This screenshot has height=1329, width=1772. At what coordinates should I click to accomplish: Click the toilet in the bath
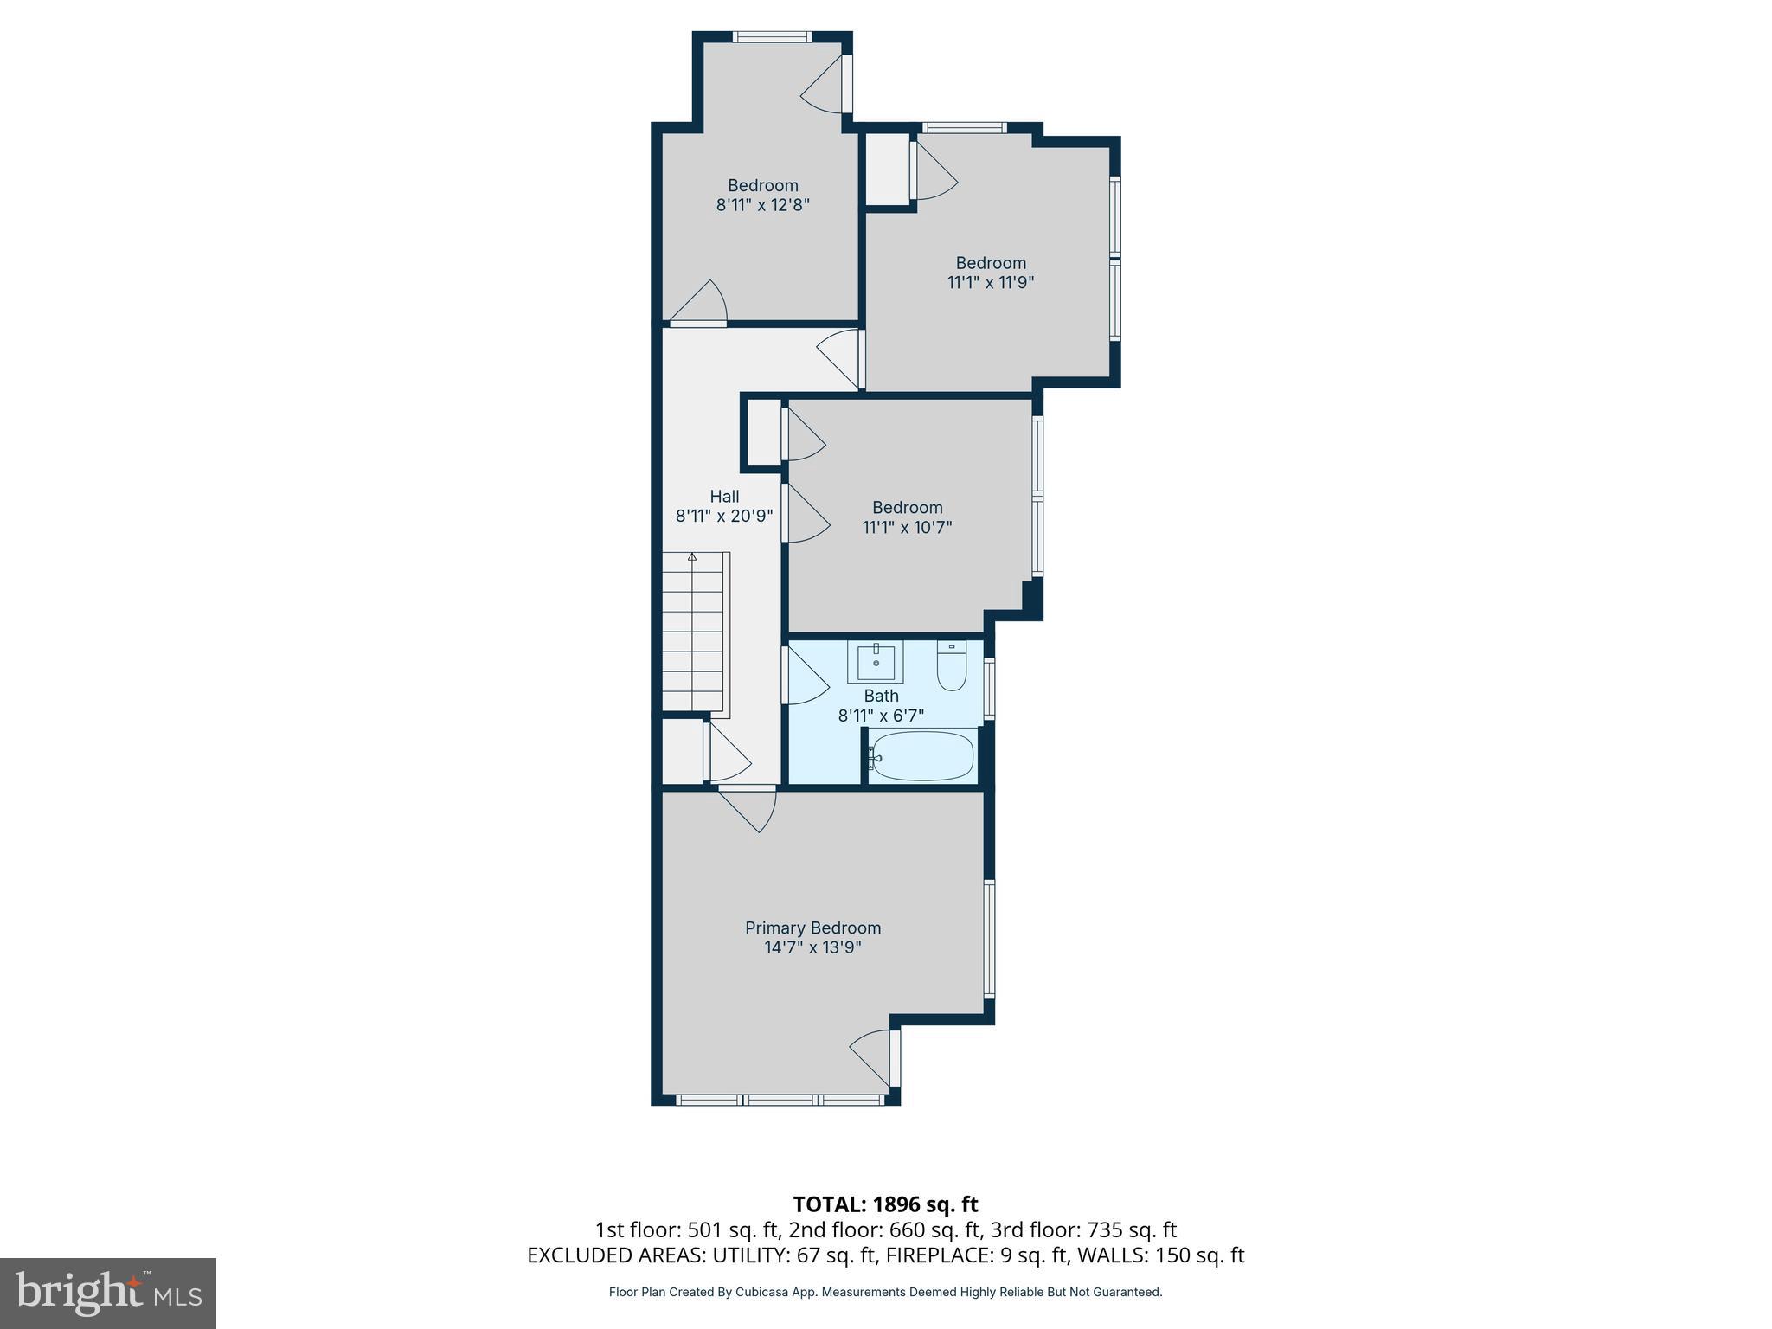pyautogui.click(x=951, y=668)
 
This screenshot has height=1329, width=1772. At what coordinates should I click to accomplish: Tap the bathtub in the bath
pyautogui.click(x=922, y=756)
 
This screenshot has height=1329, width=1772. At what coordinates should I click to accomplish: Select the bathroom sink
pyautogui.click(x=876, y=662)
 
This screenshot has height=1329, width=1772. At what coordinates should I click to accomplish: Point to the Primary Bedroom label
pyautogui.click(x=812, y=928)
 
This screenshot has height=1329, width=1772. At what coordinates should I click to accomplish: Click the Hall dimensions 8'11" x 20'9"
pyautogui.click(x=724, y=516)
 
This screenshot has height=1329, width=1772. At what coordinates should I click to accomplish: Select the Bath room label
pyautogui.click(x=881, y=696)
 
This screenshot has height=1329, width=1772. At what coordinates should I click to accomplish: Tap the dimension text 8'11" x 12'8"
pyautogui.click(x=762, y=205)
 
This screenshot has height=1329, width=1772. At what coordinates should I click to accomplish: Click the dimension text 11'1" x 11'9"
pyautogui.click(x=991, y=282)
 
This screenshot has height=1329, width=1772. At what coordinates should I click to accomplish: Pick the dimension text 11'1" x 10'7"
pyautogui.click(x=907, y=527)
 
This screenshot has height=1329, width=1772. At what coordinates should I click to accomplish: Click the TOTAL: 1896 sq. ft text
pyautogui.click(x=885, y=1204)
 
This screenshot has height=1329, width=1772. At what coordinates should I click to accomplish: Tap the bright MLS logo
pyautogui.click(x=108, y=1293)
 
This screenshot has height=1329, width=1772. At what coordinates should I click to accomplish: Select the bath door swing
pyautogui.click(x=806, y=677)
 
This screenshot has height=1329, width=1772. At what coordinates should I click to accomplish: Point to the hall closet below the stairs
pyautogui.click(x=683, y=750)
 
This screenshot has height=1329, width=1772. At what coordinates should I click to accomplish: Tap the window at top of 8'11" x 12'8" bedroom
pyautogui.click(x=772, y=37)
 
